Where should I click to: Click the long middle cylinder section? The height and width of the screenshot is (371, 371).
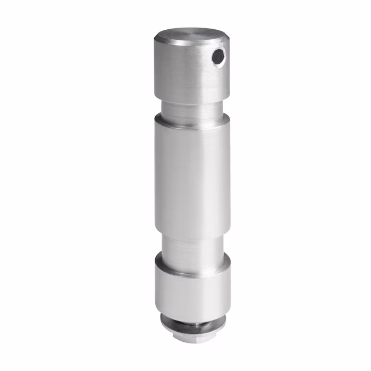coord(191,175)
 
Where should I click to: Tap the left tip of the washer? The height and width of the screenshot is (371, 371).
coord(162,320)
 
